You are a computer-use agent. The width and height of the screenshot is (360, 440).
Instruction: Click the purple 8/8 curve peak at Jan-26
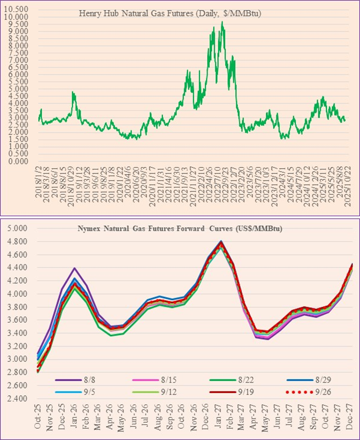tap(75, 268)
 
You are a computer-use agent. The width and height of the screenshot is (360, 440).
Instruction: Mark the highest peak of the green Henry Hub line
tap(222, 22)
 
